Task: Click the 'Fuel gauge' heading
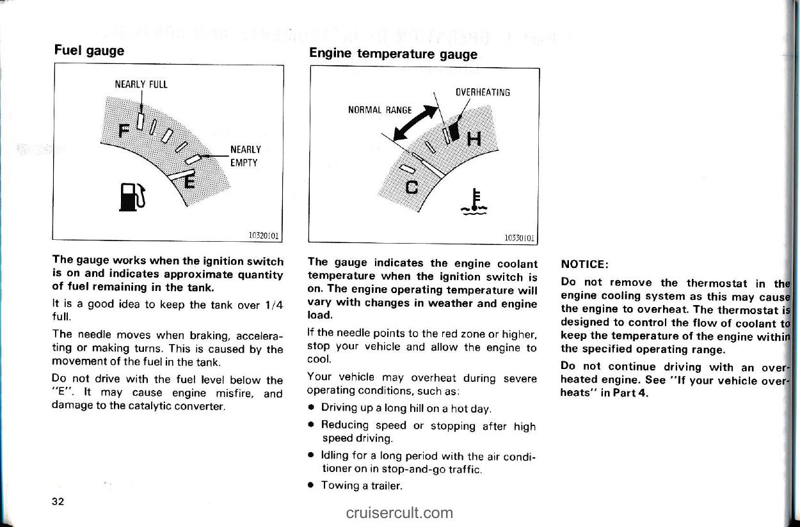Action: (x=89, y=50)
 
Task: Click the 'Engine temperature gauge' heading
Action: (x=393, y=54)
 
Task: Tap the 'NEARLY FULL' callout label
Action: (x=141, y=84)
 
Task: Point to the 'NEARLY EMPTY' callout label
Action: (x=245, y=157)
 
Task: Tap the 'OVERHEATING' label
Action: (x=483, y=92)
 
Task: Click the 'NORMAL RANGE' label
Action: (x=380, y=109)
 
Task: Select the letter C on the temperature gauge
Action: (x=412, y=187)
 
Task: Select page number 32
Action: (x=58, y=500)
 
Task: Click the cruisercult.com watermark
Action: (x=399, y=512)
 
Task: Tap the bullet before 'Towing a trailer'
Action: (x=310, y=485)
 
